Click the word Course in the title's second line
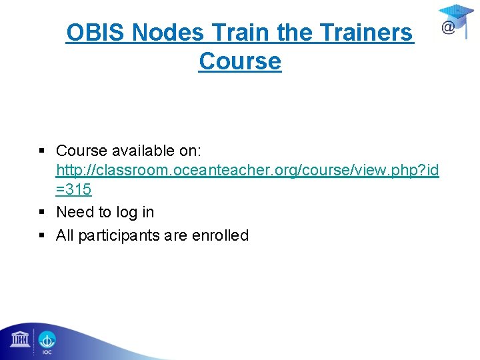coord(240,61)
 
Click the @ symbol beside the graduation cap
coord(449,28)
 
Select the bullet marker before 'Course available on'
coord(42,151)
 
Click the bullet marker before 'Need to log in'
coord(42,213)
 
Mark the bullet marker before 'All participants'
coord(42,235)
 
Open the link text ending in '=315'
coord(73,190)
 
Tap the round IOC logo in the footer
coord(47,341)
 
